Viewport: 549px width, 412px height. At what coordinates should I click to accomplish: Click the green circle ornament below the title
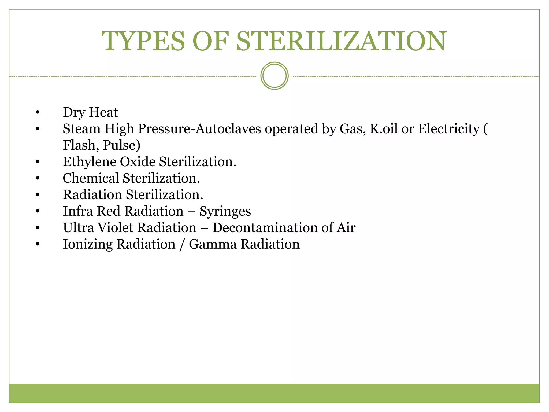(274, 76)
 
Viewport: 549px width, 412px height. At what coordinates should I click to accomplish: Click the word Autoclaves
(228, 129)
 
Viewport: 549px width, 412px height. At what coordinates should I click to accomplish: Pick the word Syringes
(225, 211)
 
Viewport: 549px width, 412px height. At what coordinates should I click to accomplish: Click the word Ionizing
(88, 244)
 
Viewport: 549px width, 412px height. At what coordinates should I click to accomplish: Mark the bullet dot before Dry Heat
(38, 112)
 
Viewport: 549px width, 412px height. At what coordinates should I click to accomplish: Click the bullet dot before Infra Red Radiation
(38, 211)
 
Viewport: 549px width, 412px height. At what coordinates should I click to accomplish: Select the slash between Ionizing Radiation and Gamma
(182, 245)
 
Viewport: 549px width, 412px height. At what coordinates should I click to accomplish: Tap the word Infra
(78, 211)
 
